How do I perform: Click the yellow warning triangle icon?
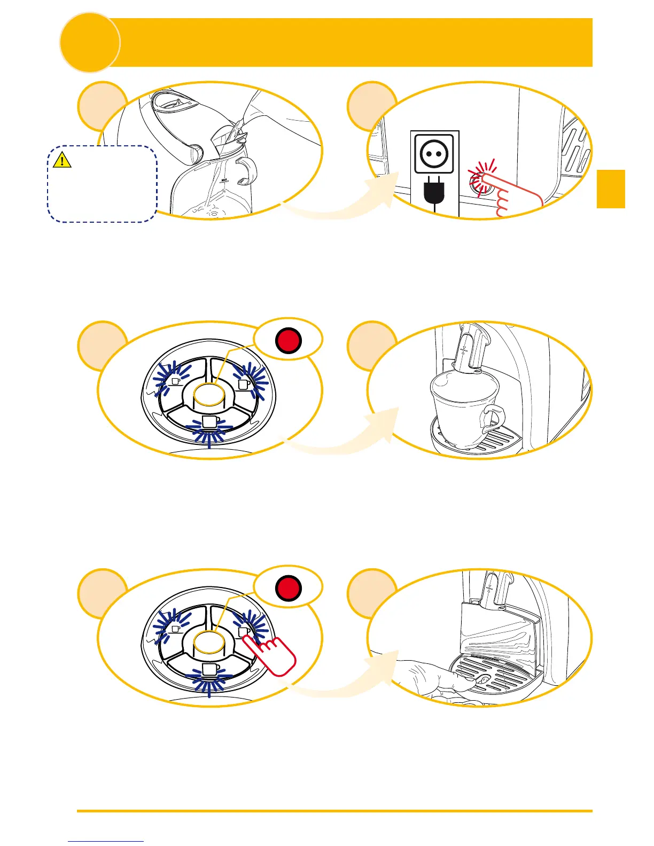click(63, 160)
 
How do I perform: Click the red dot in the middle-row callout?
click(289, 341)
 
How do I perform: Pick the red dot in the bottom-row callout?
click(289, 588)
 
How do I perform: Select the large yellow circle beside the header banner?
click(89, 43)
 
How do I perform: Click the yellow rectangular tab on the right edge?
click(610, 189)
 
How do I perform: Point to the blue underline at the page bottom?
click(106, 841)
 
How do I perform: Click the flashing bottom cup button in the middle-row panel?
click(209, 423)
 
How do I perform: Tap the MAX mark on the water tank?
click(225, 181)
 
